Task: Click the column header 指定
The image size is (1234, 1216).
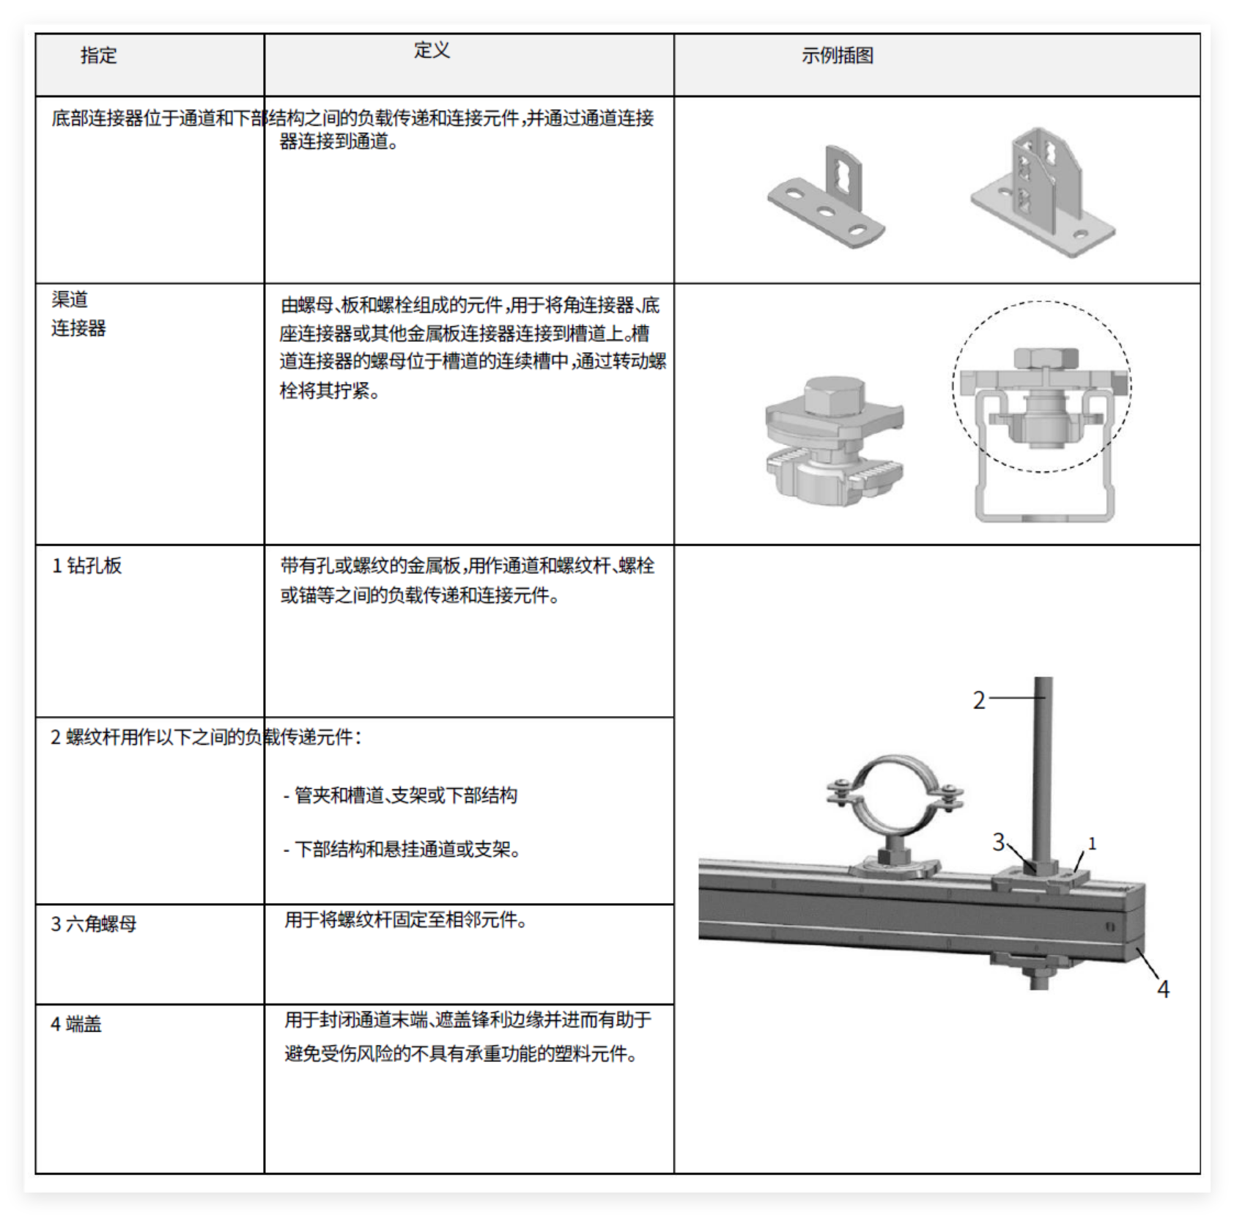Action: (98, 56)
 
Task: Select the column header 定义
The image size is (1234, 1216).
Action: (432, 51)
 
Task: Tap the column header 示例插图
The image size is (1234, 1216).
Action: (837, 56)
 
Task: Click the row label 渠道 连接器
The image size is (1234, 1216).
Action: (78, 314)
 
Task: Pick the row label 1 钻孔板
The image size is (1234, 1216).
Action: (86, 566)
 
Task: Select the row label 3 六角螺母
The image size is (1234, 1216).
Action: (93, 924)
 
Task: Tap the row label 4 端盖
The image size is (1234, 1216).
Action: (75, 1024)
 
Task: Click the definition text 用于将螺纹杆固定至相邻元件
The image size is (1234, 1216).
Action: (406, 919)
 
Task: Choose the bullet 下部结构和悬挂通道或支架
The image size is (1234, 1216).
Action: (402, 850)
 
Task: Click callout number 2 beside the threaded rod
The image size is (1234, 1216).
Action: (979, 700)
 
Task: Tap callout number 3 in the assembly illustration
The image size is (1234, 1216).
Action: (998, 842)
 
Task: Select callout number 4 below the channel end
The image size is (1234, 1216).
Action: (1163, 990)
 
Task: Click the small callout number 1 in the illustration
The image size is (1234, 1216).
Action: (1092, 844)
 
